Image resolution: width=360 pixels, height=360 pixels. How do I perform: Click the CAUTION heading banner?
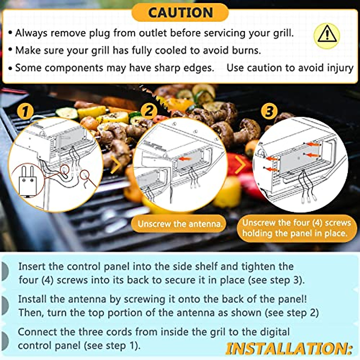coord(180,13)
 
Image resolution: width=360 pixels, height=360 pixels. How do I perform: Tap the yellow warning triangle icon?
coord(327,35)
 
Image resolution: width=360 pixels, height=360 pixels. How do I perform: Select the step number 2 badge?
coord(149,110)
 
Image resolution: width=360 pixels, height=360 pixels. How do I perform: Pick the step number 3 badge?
coord(269,111)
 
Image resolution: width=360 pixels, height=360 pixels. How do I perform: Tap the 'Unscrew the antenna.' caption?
coord(180,224)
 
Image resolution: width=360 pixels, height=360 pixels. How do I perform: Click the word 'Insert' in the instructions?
coord(32,266)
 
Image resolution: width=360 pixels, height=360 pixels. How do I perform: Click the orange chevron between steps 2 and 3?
coord(240,165)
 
